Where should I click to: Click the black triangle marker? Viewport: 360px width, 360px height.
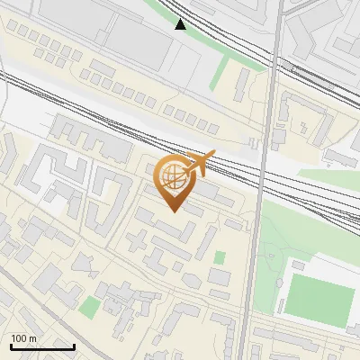pos(181,24)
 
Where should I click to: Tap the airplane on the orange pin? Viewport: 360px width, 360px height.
pos(198,164)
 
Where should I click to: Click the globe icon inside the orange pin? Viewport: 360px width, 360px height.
pos(174,177)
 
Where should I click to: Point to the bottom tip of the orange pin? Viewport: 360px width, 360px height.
pos(173,211)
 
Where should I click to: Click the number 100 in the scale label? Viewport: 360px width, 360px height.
pos(20,338)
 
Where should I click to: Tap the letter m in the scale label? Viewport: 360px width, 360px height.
pos(33,338)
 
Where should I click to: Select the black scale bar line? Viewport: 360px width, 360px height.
pos(41,346)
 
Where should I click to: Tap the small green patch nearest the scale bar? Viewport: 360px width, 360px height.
pos(88,308)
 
